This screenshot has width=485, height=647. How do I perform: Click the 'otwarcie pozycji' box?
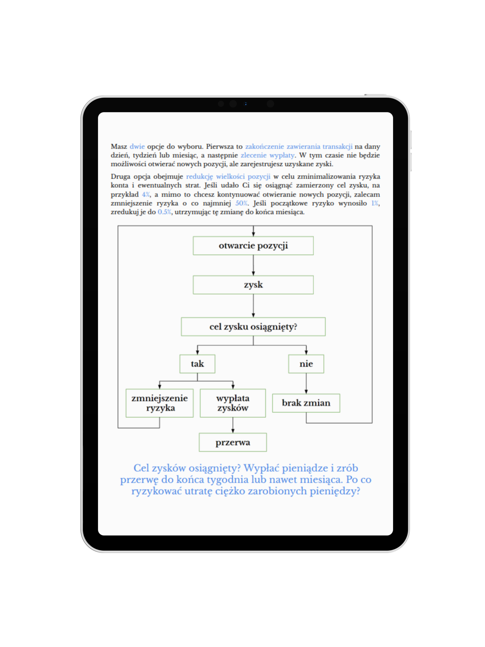[x=253, y=246]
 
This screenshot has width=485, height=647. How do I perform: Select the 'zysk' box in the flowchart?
[x=253, y=285]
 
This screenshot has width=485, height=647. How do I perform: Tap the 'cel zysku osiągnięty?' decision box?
[x=253, y=327]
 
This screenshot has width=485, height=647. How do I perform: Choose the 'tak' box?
[x=197, y=364]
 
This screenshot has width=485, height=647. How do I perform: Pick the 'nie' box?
[x=306, y=364]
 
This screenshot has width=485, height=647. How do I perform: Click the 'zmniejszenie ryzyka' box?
[x=160, y=403]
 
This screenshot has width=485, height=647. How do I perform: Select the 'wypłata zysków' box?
[x=233, y=403]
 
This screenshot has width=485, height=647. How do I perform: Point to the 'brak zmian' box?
[x=306, y=403]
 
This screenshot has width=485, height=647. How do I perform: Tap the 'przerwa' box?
[x=233, y=442]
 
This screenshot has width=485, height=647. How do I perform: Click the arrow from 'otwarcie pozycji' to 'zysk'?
[x=253, y=265]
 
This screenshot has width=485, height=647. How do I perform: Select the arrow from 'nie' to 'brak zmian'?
[x=306, y=383]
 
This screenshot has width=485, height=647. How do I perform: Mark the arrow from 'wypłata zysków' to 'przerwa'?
[x=233, y=425]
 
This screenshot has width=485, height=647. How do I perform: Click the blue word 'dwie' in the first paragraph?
[x=137, y=147]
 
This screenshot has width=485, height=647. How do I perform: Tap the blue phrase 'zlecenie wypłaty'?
[x=267, y=155]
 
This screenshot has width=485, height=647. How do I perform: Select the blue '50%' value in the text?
[x=241, y=203]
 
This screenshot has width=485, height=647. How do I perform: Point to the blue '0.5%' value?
[x=164, y=212]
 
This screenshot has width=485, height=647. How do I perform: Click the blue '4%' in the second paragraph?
[x=146, y=194]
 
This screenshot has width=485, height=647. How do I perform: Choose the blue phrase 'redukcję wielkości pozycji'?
[x=228, y=177]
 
